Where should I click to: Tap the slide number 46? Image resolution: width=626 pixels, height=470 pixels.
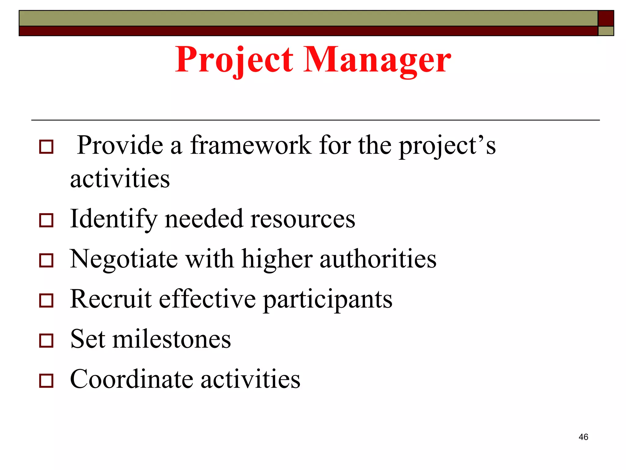[x=583, y=437]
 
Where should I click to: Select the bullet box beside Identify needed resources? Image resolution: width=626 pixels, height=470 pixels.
[x=46, y=220]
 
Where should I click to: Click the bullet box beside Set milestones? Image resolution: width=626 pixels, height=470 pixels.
[x=46, y=341]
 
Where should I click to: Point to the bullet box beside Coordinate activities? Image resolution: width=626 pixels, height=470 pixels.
[x=46, y=381]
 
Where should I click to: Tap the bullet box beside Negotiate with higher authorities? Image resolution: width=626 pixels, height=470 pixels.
[x=46, y=260]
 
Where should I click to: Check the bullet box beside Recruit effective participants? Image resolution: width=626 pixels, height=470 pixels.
[x=46, y=300]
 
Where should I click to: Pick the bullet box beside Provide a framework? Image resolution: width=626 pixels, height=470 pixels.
[x=46, y=147]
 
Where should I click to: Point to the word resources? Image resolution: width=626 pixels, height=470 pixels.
[x=303, y=219]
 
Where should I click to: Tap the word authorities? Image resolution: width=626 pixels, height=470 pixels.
[x=378, y=259]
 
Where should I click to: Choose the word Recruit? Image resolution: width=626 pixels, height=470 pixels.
[x=111, y=299]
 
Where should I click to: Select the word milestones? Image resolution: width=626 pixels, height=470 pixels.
[x=172, y=339]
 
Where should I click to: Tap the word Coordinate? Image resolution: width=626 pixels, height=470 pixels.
[x=131, y=379]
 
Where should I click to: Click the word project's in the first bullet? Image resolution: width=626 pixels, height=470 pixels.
[x=447, y=146]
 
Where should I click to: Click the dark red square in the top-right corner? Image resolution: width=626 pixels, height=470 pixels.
[x=606, y=18]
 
